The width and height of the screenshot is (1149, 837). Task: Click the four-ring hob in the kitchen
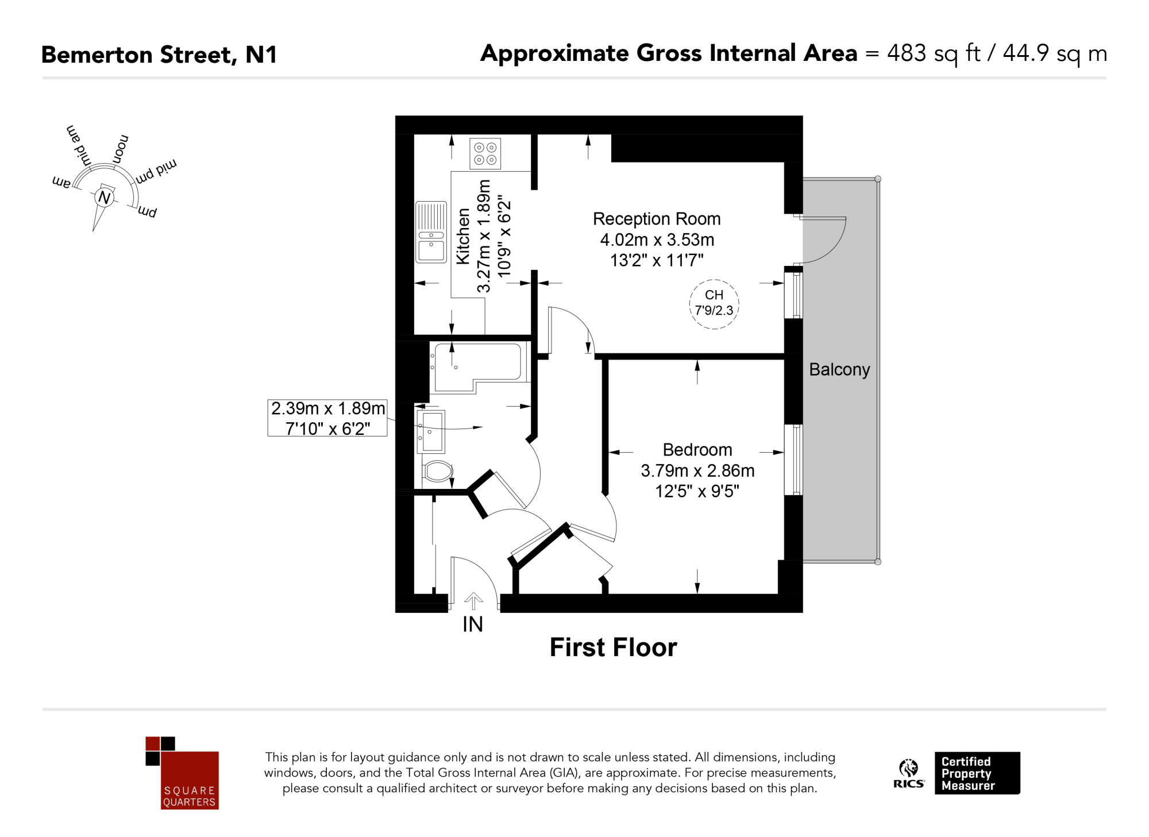coord(485,153)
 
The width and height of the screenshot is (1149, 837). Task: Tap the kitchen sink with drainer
coord(431,232)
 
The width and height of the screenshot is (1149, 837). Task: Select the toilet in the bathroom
coord(438,472)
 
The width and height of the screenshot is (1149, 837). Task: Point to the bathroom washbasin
coord(431,431)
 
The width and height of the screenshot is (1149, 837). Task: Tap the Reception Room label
coord(657,219)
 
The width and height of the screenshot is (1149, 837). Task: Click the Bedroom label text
coord(697,450)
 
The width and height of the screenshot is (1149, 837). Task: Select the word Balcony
coord(839,369)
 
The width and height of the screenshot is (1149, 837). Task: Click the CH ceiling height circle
coord(714,304)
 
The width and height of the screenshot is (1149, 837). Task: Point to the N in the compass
coord(104,198)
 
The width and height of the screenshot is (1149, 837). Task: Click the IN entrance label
coord(473,624)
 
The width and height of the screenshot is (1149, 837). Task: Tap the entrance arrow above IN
coord(473,601)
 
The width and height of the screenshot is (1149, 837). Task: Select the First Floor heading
coord(614,647)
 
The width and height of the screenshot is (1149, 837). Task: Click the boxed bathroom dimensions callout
coord(327,418)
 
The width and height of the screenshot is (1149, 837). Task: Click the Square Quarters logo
coord(182,773)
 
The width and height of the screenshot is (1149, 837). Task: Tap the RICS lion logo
coord(909,773)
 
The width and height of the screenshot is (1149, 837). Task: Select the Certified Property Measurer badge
coord(977,773)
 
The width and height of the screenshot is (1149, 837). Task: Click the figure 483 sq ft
coord(934,53)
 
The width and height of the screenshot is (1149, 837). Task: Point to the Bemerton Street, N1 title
coord(160,55)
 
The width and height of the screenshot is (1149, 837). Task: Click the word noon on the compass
coord(121,149)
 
